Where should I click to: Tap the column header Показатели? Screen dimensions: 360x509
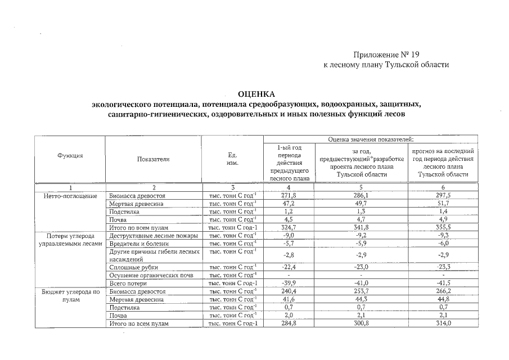pyautogui.click(x=153, y=159)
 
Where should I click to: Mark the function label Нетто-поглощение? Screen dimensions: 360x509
pyautogui.click(x=70, y=195)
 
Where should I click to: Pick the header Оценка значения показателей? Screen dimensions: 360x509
pyautogui.click(x=370, y=139)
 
